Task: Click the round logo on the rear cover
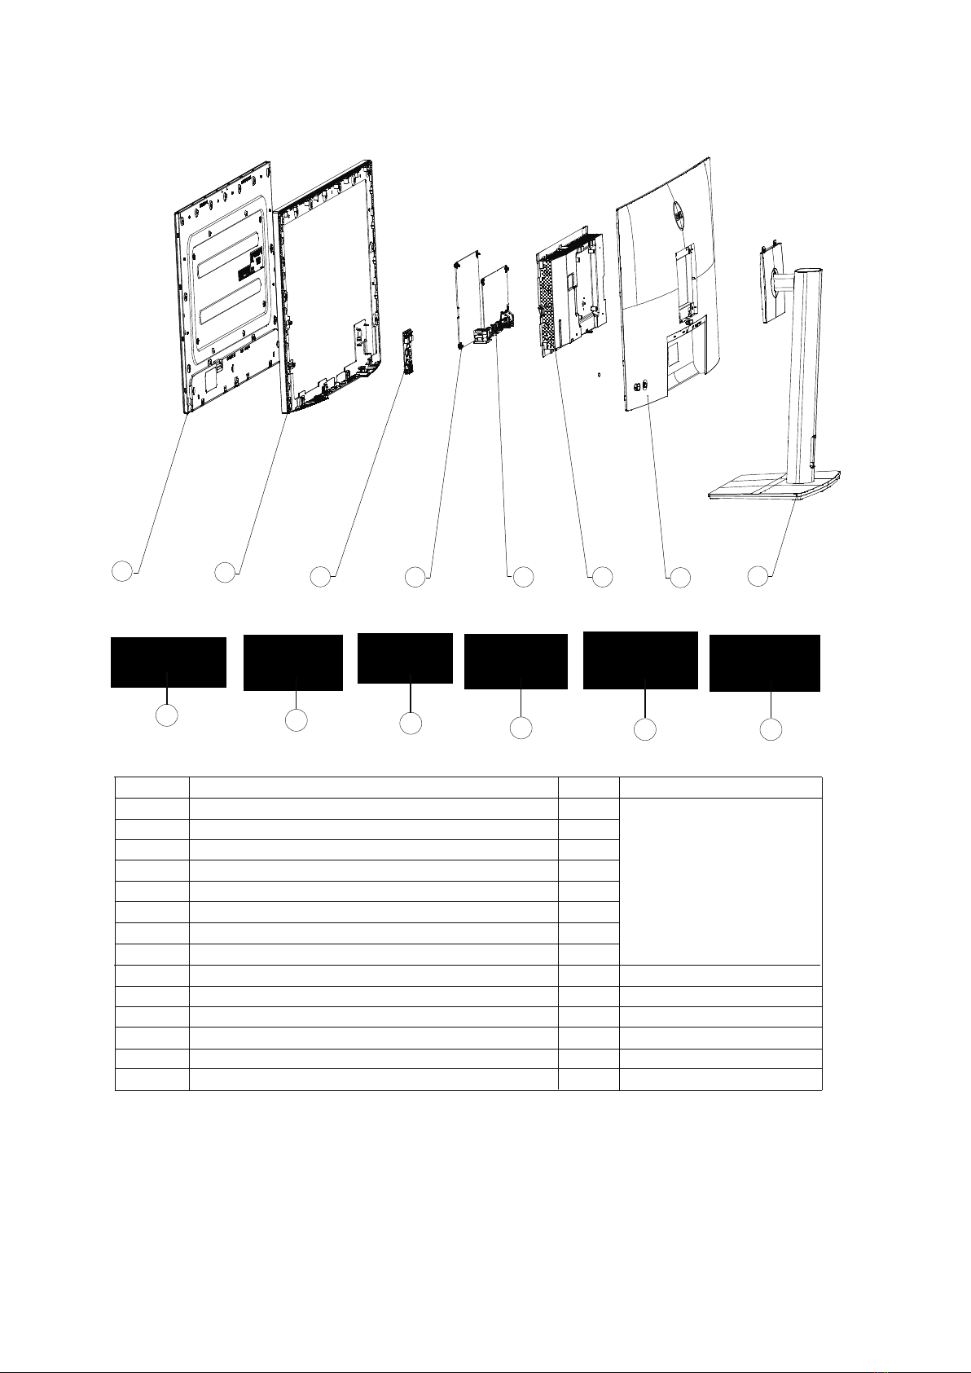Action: (x=675, y=210)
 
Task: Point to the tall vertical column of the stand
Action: (x=802, y=367)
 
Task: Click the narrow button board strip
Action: (x=408, y=351)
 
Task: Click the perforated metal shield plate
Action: (x=570, y=293)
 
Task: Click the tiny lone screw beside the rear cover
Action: (x=599, y=376)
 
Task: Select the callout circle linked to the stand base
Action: (x=758, y=575)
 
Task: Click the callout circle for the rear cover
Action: (x=679, y=578)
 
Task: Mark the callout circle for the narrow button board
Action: (x=321, y=577)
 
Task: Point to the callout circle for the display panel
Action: (x=121, y=571)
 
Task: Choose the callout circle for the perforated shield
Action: (x=601, y=577)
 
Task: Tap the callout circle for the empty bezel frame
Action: (x=224, y=572)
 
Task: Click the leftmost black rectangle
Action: (x=169, y=662)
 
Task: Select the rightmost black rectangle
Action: (x=764, y=663)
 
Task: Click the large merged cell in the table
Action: (x=720, y=881)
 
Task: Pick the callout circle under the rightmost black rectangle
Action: (x=771, y=729)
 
